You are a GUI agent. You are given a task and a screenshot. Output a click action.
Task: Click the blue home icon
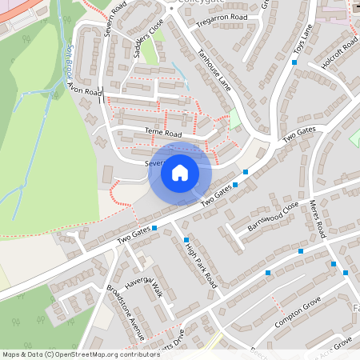[x=180, y=172]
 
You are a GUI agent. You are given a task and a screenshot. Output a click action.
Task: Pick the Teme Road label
[x=163, y=134]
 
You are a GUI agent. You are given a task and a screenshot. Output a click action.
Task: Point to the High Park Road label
[x=200, y=266]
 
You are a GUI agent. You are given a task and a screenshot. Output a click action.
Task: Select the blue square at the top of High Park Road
[x=186, y=240]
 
